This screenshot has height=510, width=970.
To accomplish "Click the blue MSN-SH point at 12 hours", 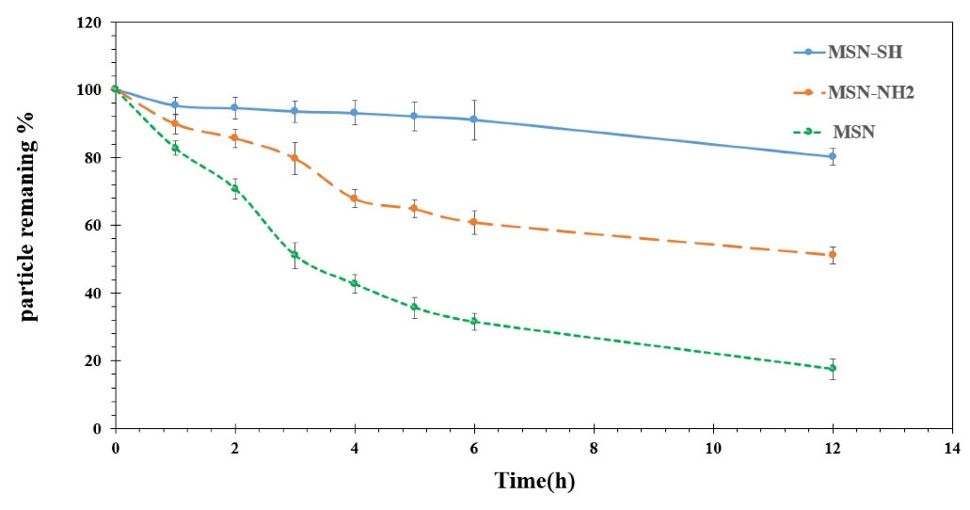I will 833,157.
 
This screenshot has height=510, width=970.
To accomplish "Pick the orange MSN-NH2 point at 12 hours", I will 833,255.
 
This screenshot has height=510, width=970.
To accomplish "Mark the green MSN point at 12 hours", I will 833,368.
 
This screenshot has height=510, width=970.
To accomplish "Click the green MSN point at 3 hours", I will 294,255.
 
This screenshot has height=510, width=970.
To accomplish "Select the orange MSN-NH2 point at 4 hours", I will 354,199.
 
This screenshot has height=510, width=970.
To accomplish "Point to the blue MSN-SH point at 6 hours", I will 474,120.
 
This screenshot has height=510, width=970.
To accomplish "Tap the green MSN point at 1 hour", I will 175,148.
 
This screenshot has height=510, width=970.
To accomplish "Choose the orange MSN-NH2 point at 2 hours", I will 234,138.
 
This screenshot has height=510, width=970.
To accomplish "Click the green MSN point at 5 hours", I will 414,307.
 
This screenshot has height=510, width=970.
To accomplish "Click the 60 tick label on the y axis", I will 93,226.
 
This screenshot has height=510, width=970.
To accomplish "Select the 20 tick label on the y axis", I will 93,361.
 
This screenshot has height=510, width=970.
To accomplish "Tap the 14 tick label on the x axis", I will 952,449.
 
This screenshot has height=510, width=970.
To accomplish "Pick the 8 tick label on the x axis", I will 594,449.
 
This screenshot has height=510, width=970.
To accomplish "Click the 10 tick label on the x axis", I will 713,449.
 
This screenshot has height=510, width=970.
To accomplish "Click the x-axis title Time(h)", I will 534,482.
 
